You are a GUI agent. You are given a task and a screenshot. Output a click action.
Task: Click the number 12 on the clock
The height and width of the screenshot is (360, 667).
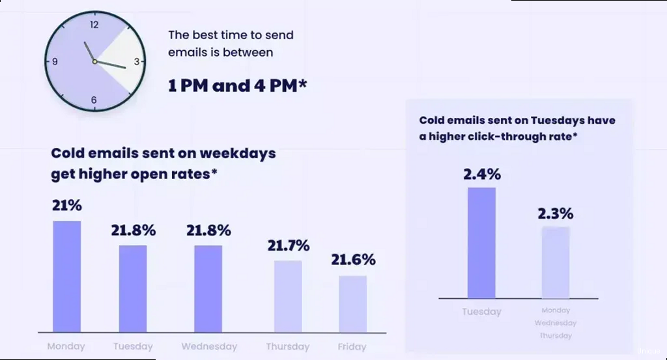94,25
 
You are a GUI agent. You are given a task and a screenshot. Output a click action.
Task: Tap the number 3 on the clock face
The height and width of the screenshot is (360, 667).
137,62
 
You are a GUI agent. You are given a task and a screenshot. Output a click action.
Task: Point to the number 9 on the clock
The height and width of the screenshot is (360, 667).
55,62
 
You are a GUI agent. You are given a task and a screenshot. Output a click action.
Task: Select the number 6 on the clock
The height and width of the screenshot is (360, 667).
94,100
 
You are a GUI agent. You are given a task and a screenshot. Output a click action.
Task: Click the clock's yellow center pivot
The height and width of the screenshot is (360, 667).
94,62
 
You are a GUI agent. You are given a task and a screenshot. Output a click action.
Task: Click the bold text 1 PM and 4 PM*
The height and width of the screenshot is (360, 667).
237,85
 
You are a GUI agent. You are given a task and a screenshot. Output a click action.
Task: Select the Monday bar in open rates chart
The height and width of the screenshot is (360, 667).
67,277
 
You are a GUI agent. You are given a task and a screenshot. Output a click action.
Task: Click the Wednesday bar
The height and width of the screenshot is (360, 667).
208,288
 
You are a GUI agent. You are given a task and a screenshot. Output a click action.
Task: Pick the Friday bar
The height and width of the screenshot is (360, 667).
352,304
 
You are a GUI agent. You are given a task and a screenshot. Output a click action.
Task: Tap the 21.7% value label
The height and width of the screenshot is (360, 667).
288,246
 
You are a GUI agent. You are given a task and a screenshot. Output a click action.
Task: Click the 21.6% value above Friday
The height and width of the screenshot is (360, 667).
353,260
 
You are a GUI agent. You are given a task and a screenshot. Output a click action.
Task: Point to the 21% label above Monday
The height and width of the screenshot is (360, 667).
66,206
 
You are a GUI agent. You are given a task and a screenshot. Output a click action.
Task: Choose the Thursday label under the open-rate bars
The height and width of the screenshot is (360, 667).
288,346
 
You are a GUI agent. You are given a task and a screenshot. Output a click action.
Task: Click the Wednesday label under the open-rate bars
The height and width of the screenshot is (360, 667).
208,346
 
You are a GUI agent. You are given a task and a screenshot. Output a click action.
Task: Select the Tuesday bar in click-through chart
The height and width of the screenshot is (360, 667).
481,243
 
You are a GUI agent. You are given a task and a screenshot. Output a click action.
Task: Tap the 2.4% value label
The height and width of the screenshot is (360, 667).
482,174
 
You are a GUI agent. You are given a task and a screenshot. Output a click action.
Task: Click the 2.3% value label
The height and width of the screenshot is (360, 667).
555,214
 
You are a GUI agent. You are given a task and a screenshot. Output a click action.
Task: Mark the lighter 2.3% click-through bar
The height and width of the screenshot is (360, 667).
555,262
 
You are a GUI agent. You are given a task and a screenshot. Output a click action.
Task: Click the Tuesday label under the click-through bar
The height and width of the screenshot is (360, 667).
481,312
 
